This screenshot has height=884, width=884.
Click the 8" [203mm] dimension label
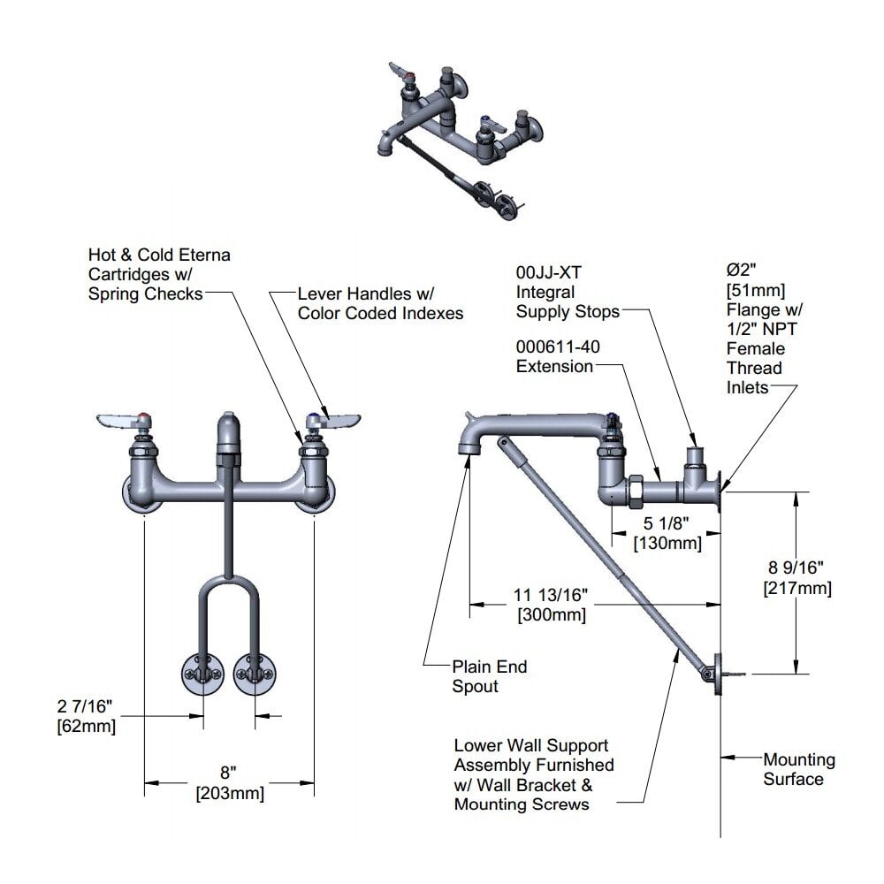pyautogui.click(x=229, y=784)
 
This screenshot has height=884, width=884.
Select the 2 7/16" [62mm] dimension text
pyautogui.click(x=86, y=717)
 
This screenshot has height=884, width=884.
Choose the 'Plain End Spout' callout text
pyautogui.click(x=489, y=676)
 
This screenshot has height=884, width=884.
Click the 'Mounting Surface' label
pyautogui.click(x=798, y=769)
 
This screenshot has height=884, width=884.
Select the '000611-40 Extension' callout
pyautogui.click(x=558, y=356)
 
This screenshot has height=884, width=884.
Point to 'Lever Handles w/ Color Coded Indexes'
pyautogui.click(x=379, y=303)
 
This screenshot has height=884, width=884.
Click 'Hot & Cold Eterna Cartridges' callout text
pyautogui.click(x=159, y=273)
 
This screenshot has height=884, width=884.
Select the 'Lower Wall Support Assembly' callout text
pyautogui.click(x=533, y=775)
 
